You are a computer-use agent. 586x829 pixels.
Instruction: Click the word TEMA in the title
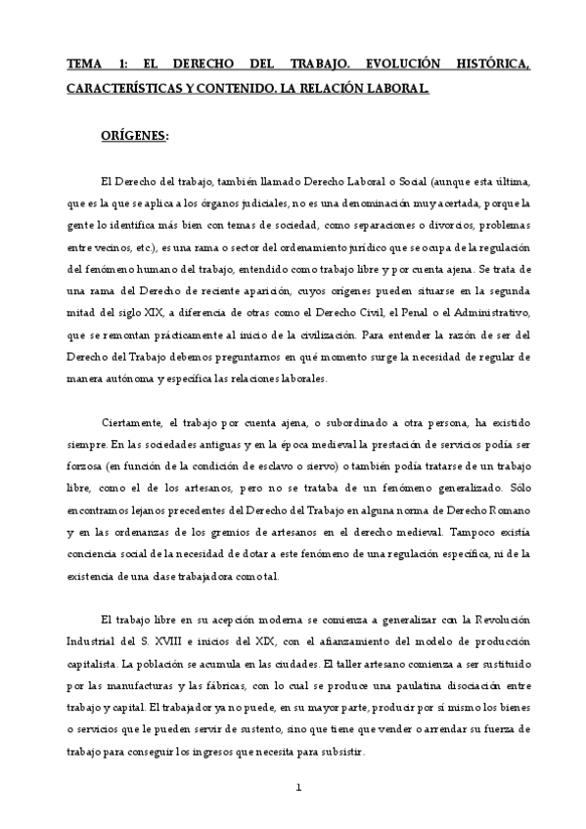click(83, 64)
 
